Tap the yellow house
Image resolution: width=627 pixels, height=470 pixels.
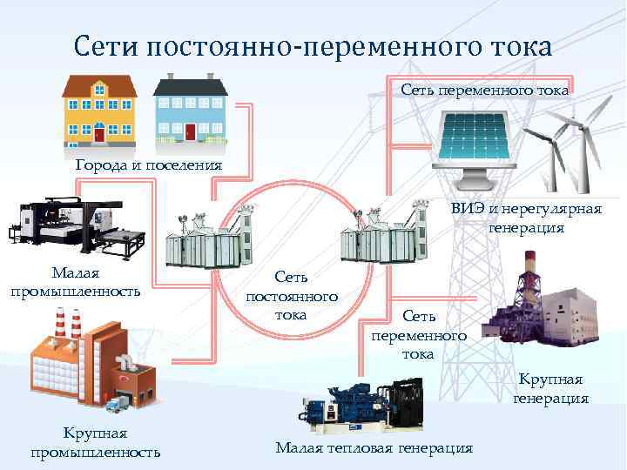(x=100, y=109)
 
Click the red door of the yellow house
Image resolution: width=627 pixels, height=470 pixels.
(x=99, y=133)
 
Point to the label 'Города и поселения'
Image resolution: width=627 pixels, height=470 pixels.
(x=148, y=164)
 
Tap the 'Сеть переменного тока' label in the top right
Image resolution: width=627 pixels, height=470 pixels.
(x=486, y=90)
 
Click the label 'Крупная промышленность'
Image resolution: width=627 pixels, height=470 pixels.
(x=95, y=442)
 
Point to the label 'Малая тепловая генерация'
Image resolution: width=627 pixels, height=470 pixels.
(x=374, y=447)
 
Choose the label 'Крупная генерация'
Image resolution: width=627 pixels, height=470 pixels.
(x=550, y=389)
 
